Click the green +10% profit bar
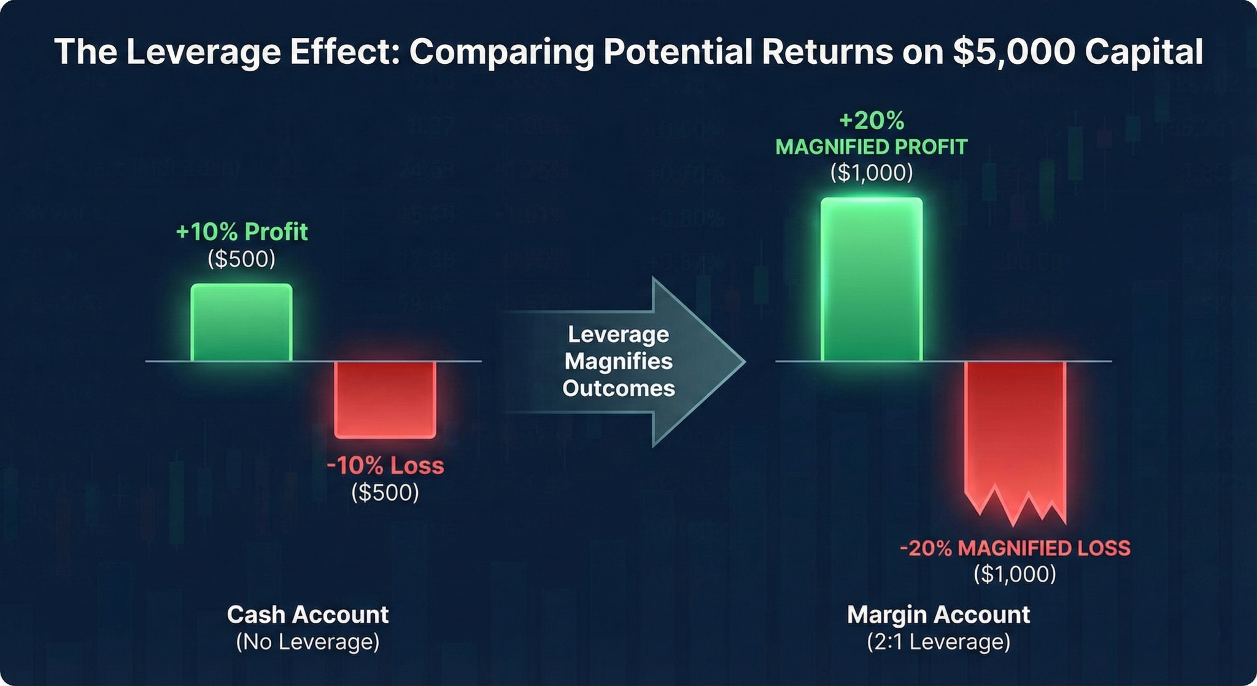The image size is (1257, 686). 241,322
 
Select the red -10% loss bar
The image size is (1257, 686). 385,399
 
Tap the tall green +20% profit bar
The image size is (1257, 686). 872,279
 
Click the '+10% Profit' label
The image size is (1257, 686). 241,232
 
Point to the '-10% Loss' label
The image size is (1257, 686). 385,466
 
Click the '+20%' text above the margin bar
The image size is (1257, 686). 872,120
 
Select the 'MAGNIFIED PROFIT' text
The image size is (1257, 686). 872,147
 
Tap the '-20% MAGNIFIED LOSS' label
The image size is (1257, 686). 1015,548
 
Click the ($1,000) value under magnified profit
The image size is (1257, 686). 872,173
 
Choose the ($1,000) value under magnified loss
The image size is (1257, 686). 1015,574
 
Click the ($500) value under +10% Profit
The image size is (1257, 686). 241,259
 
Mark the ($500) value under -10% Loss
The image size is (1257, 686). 385,492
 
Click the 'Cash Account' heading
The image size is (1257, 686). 307,615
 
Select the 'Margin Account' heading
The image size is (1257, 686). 938,615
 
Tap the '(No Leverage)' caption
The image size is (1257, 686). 307,642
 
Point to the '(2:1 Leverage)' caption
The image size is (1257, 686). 938,642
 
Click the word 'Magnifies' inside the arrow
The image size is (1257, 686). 619,361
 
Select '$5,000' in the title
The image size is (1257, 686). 1014,52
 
